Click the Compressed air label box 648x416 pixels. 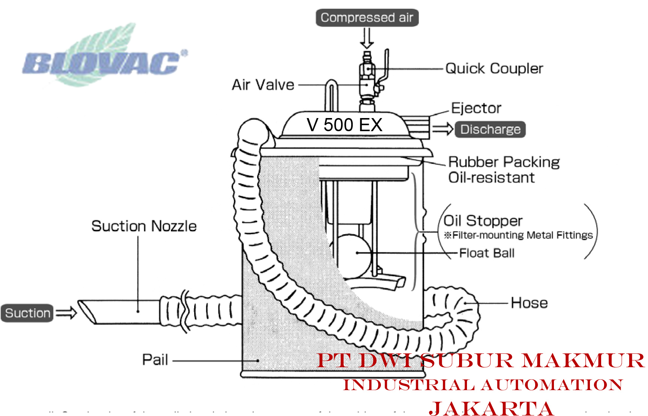tap(367, 18)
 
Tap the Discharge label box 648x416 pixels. tap(490, 129)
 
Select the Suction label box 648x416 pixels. tap(27, 313)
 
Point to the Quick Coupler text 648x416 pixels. tap(494, 69)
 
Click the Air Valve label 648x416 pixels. tap(263, 85)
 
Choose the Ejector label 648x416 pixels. tap(476, 108)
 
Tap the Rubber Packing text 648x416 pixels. tap(504, 162)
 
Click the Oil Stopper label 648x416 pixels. tap(483, 221)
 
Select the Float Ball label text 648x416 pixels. tap(486, 253)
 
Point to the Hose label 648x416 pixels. tap(529, 303)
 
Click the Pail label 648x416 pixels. tap(155, 360)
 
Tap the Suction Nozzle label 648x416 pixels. tap(144, 226)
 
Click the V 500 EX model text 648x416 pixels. tap(344, 125)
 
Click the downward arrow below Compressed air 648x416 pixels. tap(367, 38)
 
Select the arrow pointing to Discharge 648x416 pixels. tap(443, 129)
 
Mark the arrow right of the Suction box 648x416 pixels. tap(66, 313)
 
